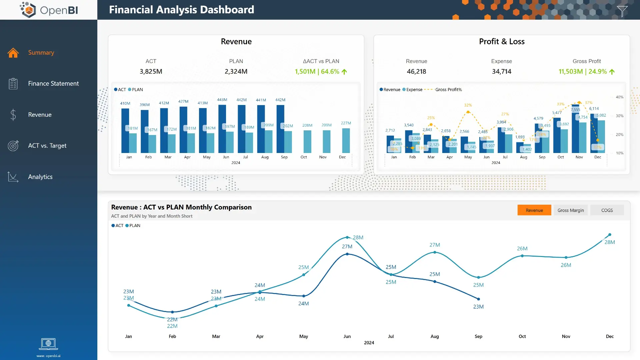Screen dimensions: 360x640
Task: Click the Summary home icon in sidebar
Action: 13,53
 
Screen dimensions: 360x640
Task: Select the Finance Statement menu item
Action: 53,84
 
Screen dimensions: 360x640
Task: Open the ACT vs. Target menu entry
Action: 47,146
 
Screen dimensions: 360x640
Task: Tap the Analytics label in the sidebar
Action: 40,177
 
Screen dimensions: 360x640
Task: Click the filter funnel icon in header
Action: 622,11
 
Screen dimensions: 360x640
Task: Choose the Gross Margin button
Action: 570,210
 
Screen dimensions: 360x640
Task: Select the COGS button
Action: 607,210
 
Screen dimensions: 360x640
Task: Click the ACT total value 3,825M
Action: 151,72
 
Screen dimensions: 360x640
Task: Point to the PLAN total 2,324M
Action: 236,72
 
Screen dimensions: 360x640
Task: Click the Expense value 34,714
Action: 501,72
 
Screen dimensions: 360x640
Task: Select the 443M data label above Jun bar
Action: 222,100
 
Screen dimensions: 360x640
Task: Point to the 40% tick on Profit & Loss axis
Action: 619,97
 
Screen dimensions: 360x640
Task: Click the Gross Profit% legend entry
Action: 448,90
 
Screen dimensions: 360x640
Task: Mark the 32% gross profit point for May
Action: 468,112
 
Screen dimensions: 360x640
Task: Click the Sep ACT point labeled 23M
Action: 478,299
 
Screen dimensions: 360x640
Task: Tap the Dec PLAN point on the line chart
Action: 610,235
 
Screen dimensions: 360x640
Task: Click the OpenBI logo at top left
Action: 49,10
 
